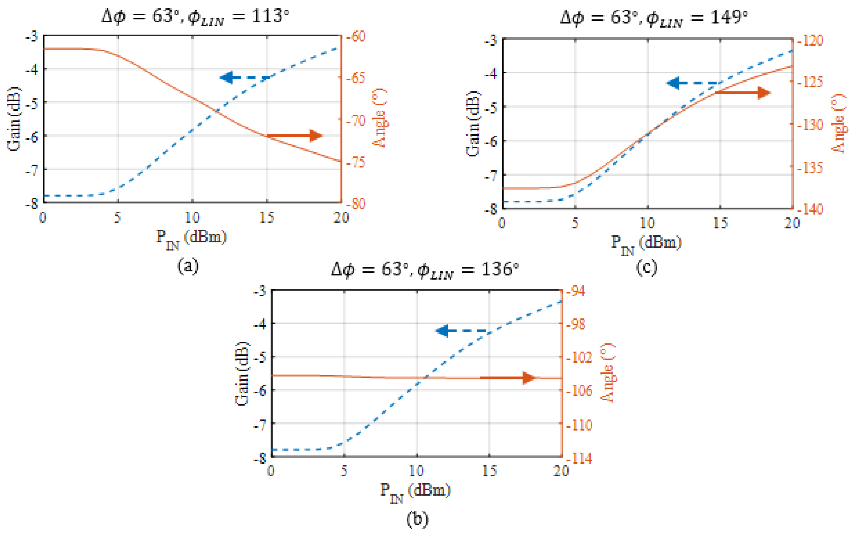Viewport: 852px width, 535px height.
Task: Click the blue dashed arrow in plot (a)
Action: click(244, 77)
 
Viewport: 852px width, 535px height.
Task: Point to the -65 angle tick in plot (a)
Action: click(355, 77)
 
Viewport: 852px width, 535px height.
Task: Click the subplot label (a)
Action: click(188, 266)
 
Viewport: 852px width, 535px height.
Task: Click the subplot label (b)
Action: click(417, 519)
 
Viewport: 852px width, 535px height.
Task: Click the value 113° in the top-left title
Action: click(270, 16)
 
